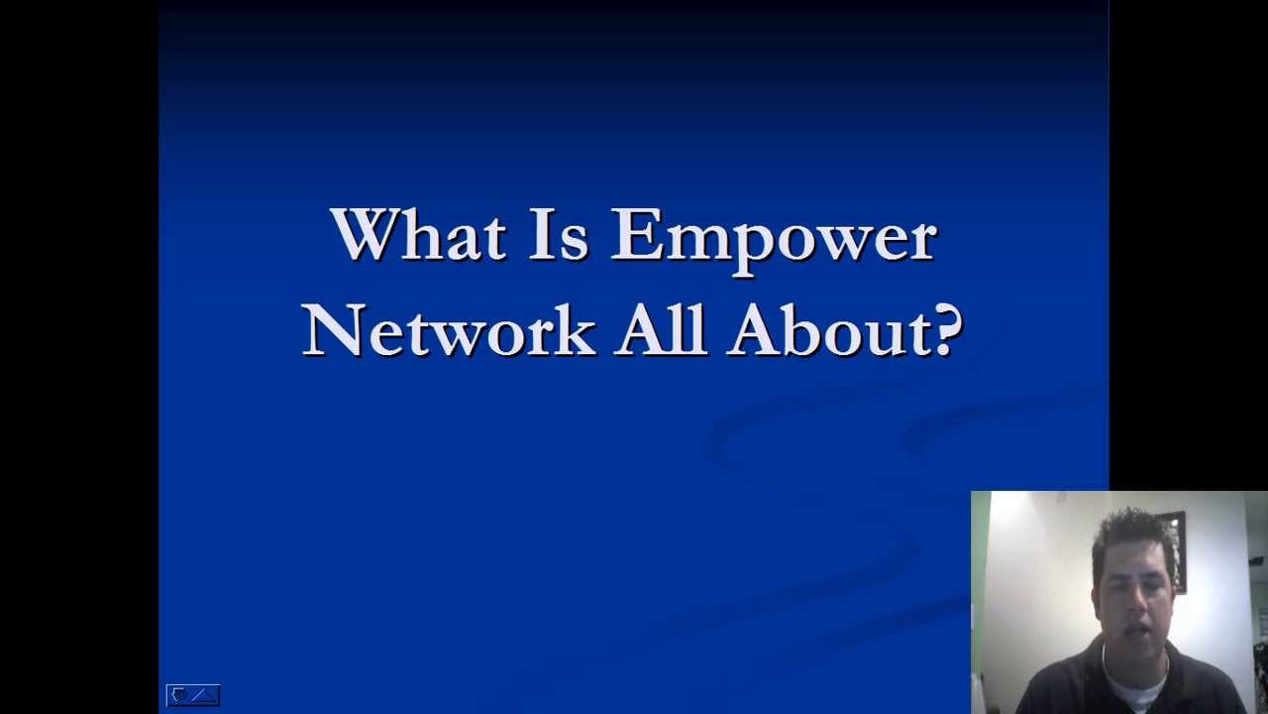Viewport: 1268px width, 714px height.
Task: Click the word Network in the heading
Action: coord(448,329)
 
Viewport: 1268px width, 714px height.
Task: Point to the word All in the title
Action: coord(660,329)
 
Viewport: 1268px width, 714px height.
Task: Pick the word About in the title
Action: coord(830,329)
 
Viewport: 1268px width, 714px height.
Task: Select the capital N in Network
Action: coord(331,329)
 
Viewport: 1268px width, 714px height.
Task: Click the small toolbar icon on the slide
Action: coord(192,695)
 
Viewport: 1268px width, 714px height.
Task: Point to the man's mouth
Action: coord(1137,628)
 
